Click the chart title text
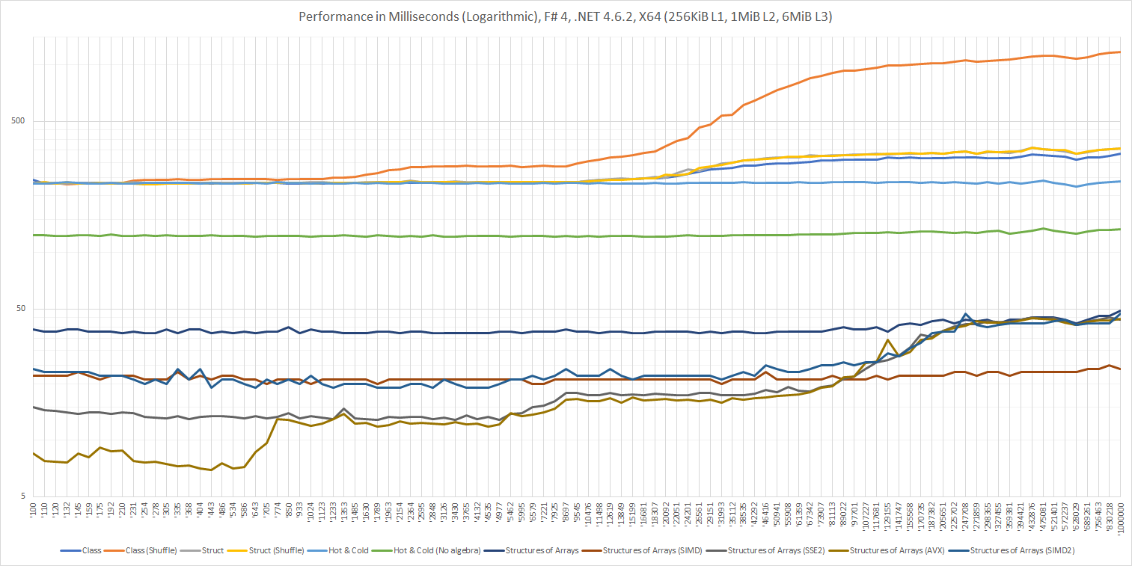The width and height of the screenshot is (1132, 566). coord(566,16)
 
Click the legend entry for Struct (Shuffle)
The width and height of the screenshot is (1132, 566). coord(278,550)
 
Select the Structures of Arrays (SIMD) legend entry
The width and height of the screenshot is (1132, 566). coord(640,550)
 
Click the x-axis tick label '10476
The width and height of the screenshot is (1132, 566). coord(587,515)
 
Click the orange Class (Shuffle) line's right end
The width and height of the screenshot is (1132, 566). coord(1120,52)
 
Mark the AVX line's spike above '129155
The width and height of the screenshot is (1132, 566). coord(887,339)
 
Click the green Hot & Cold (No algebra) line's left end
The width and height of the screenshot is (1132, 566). coord(34,235)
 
